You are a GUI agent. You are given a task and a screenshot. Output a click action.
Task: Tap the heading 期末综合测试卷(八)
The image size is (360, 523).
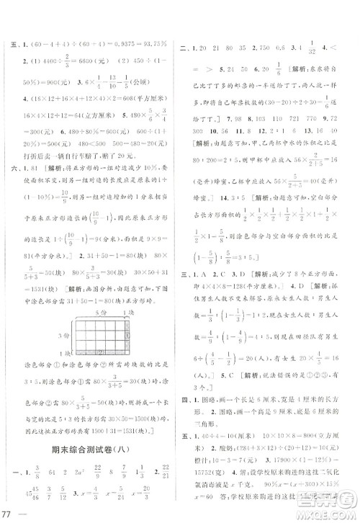[88, 434]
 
